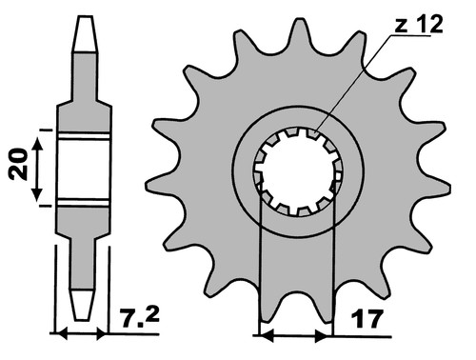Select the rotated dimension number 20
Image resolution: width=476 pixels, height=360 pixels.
19,164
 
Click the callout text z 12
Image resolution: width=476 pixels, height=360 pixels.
419,25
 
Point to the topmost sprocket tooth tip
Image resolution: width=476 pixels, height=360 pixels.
299,21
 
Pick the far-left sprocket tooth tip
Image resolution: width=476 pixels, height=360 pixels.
148,186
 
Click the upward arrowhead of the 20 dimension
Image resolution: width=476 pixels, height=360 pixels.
37,144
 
